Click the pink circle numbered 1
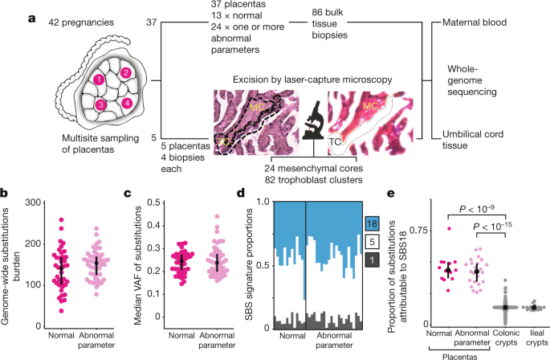[97, 80]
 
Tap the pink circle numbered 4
[128, 104]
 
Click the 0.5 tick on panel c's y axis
[143, 201]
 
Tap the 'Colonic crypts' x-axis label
[503, 337]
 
